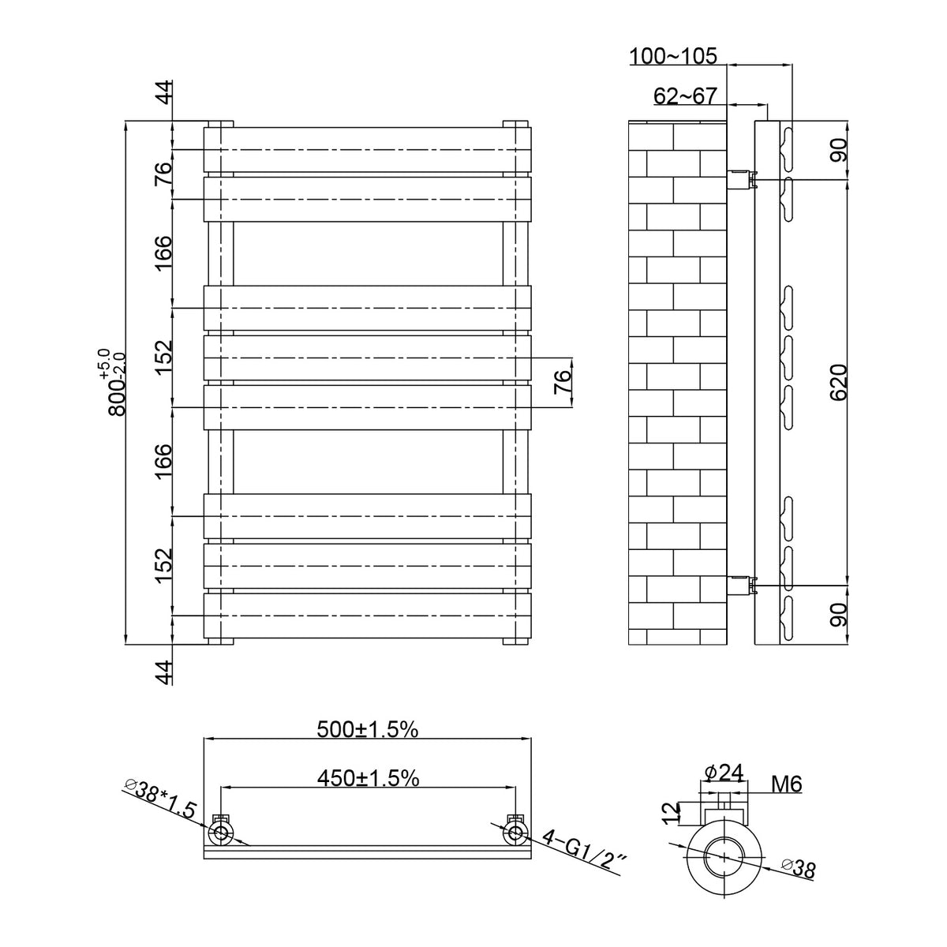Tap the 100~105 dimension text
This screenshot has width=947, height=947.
tap(673, 57)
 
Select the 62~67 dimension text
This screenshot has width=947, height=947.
tap(685, 96)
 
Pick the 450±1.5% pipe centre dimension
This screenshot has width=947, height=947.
tap(368, 778)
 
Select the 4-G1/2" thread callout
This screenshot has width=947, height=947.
tap(584, 853)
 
